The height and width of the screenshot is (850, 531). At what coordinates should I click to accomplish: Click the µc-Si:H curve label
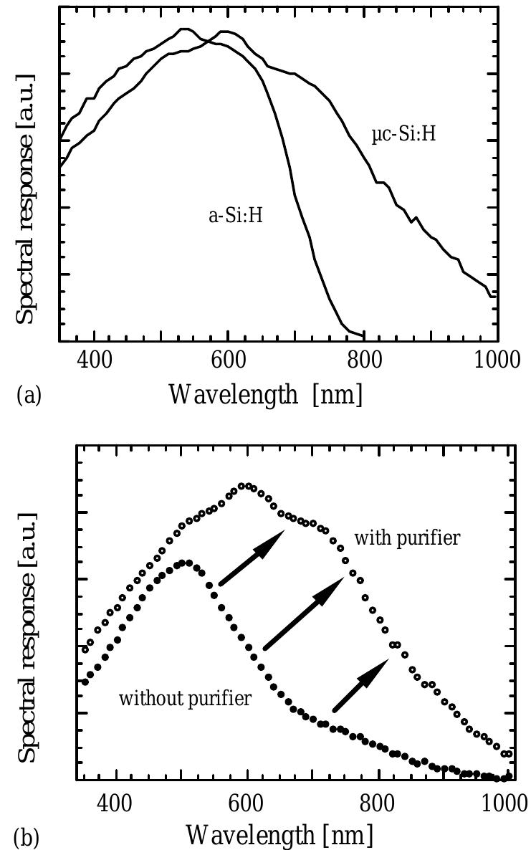click(x=403, y=135)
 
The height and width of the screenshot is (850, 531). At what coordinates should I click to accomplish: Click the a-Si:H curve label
click(x=235, y=215)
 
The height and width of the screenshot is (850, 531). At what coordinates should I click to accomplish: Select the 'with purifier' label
click(x=407, y=538)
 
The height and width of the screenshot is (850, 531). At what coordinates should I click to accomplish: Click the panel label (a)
click(x=28, y=395)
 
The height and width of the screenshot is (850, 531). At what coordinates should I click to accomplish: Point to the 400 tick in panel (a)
click(x=94, y=360)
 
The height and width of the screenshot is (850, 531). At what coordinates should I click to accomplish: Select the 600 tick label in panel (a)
click(x=228, y=360)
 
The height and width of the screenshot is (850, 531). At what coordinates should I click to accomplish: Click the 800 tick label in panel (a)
click(x=362, y=360)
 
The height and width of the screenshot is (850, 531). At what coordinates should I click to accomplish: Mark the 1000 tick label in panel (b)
click(x=504, y=801)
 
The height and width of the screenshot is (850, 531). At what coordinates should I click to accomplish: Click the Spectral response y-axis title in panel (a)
click(x=26, y=197)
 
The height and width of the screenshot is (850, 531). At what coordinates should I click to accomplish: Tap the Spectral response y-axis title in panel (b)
click(x=26, y=638)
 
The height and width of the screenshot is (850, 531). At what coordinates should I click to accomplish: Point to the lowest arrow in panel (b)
click(x=361, y=685)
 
